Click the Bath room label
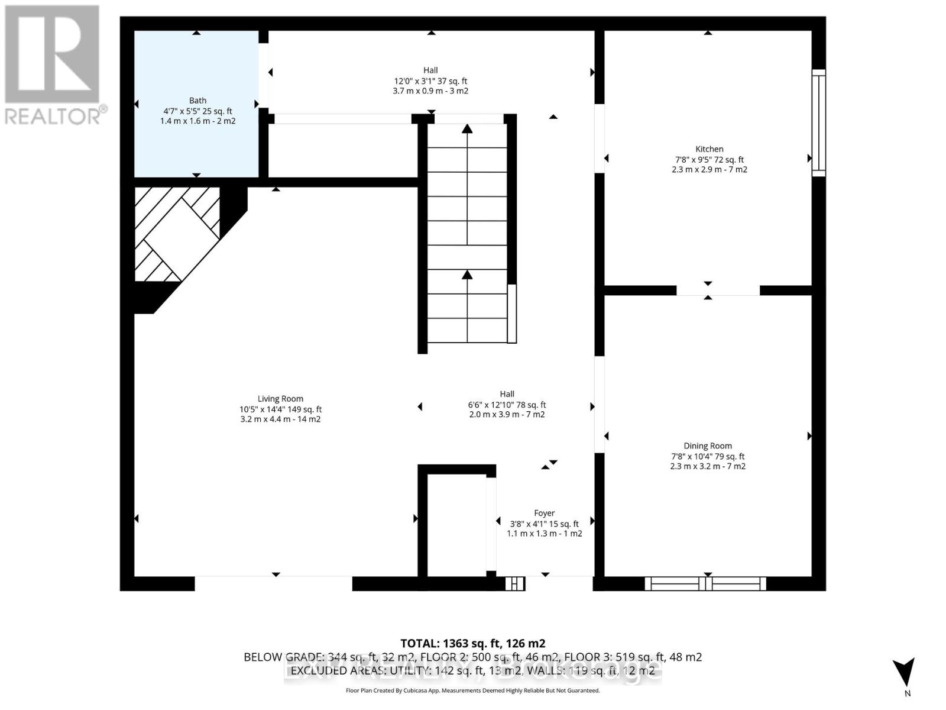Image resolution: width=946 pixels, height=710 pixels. tap(197, 101)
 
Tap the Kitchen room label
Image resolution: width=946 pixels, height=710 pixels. tap(709, 149)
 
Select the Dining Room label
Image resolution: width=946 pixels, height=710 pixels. tap(708, 446)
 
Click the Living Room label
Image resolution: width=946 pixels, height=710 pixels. tap(280, 399)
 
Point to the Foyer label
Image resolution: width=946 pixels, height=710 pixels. tap(544, 514)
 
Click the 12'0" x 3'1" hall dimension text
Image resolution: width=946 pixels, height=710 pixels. tap(430, 81)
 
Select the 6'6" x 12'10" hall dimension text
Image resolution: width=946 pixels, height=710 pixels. tap(507, 405)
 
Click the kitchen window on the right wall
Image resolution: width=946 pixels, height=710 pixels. tap(818, 122)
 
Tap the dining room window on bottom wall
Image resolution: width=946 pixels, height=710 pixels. tap(705, 583)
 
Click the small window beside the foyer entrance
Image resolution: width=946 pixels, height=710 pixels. tap(515, 583)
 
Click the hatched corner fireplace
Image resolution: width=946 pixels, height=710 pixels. tap(177, 234)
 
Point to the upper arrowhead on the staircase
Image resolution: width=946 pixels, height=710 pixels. tap(467, 128)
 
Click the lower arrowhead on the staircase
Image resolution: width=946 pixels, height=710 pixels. tap(467, 275)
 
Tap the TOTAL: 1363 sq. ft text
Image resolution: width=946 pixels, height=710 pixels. tap(472, 643)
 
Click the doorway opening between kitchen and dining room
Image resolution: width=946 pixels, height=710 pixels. tap(718, 290)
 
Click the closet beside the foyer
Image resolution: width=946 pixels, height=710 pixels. tap(456, 524)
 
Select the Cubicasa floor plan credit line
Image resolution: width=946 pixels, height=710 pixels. tap(472, 690)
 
